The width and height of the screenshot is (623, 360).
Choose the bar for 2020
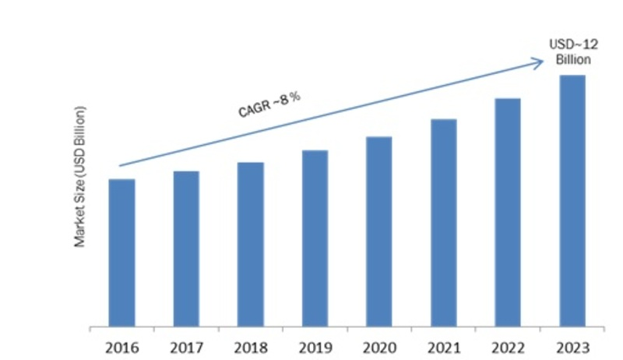click(379, 231)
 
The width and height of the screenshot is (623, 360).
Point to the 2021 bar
click(443, 222)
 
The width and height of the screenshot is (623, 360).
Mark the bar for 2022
click(508, 211)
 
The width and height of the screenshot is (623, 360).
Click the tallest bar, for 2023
click(572, 199)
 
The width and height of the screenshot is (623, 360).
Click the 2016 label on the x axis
click(122, 344)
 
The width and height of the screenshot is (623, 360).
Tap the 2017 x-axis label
click(186, 344)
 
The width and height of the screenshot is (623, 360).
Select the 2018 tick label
click(251, 344)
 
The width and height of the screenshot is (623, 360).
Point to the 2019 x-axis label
click(315, 344)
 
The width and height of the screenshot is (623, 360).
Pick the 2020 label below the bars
click(379, 344)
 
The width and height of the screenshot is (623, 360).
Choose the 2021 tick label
click(443, 344)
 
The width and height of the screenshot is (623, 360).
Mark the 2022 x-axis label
click(508, 344)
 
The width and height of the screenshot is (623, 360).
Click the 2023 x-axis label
click(572, 344)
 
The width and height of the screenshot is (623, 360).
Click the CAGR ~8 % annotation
click(269, 104)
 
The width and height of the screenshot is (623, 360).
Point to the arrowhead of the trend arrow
click(539, 62)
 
